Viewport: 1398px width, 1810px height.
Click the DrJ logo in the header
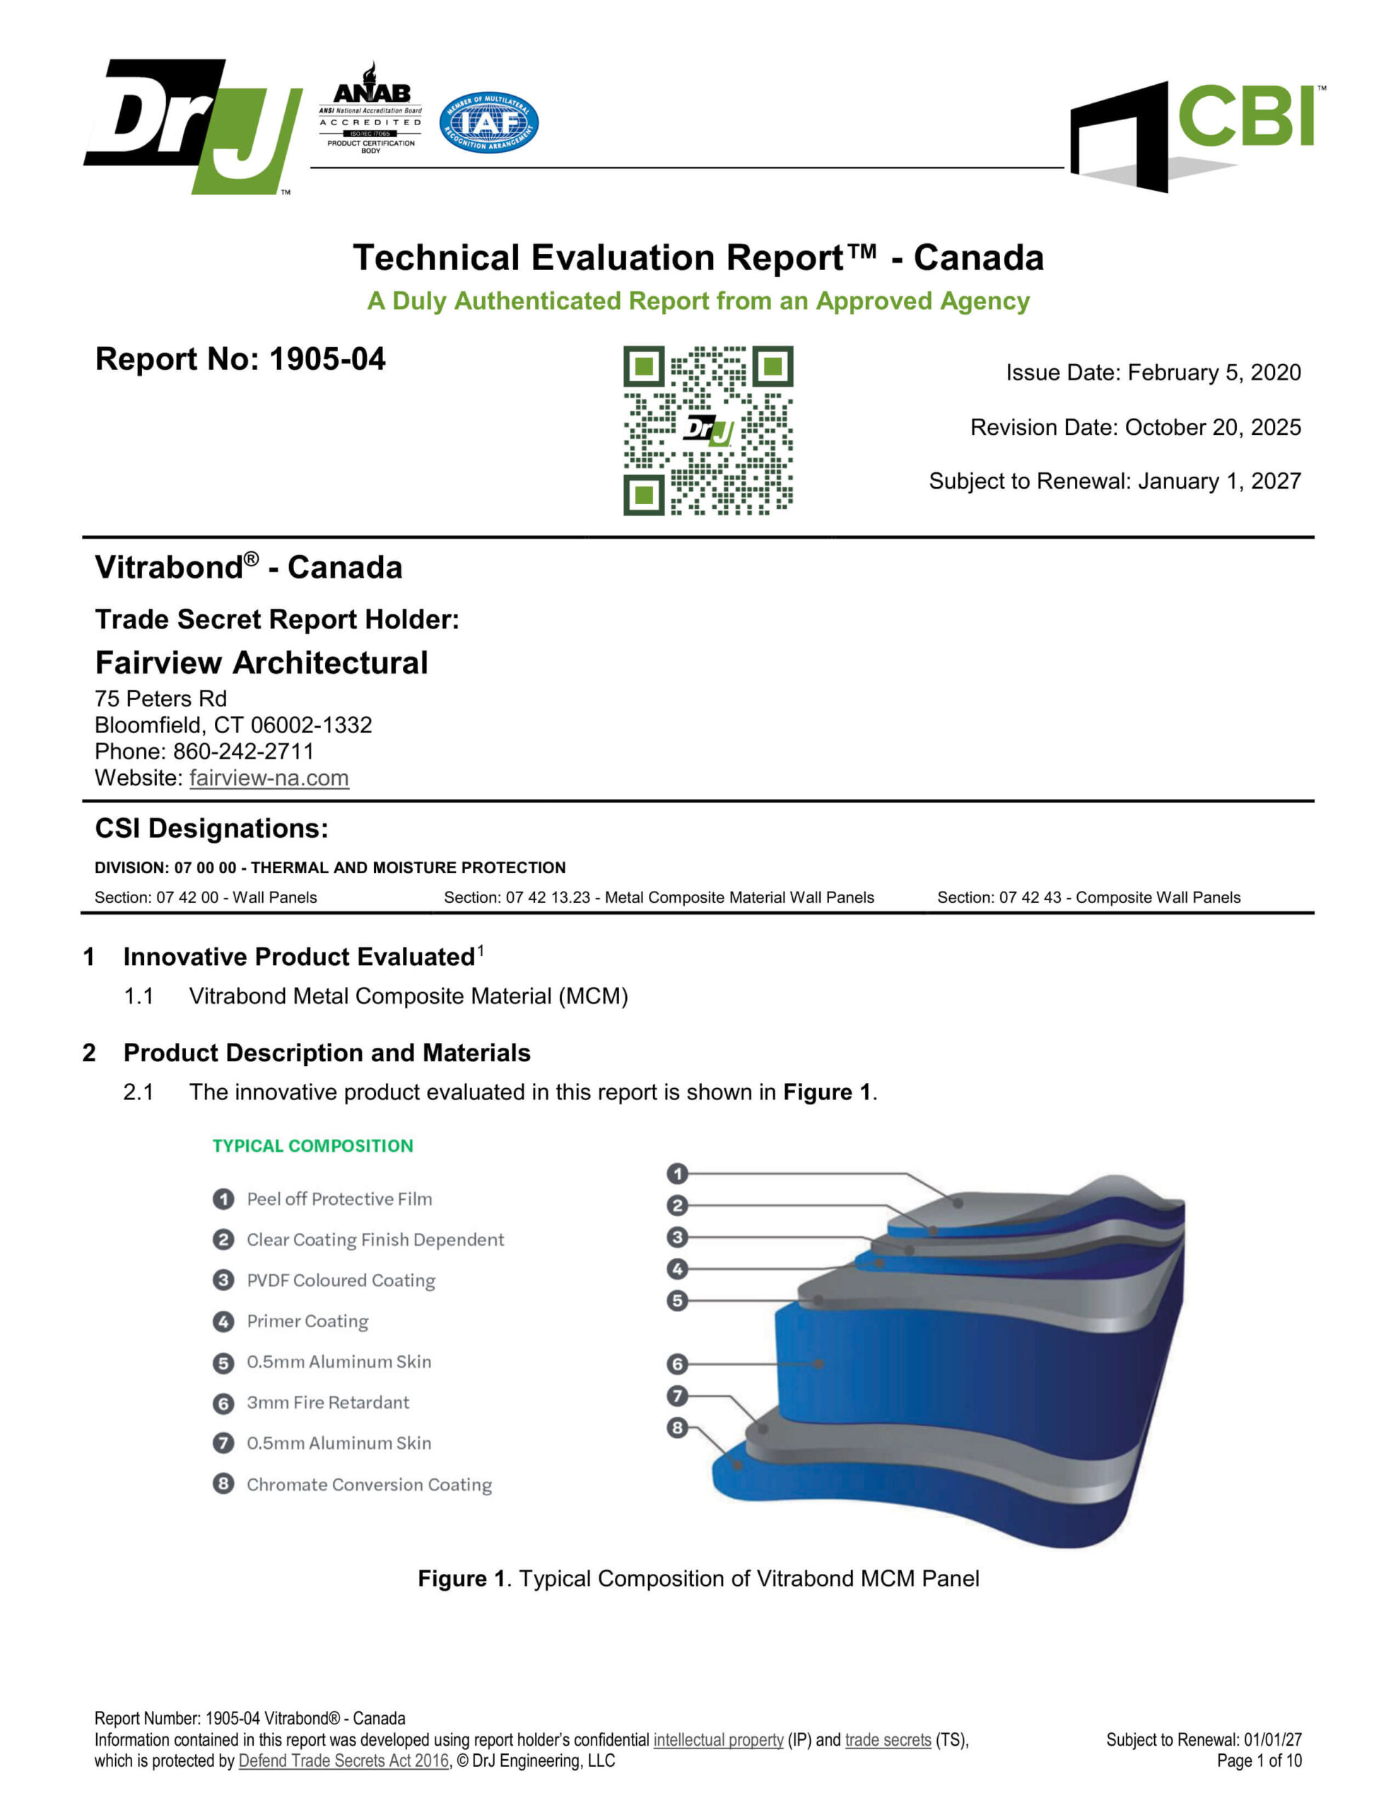pos(192,126)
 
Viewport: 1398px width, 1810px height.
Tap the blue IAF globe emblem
pos(488,122)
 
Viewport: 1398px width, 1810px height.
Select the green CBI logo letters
pos(1245,117)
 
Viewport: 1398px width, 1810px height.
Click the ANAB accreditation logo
pos(370,107)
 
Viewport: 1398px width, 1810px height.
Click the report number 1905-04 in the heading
pos(327,360)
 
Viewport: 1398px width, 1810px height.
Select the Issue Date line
pos(1153,372)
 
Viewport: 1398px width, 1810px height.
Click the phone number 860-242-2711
pos(243,751)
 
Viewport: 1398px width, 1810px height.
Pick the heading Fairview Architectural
pos(261,662)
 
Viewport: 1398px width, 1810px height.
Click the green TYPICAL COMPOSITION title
pos(312,1145)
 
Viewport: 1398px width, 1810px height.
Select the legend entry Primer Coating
pos(307,1321)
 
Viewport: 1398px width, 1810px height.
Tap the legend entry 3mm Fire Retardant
pos(327,1402)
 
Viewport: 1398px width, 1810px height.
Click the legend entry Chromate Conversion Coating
pos(369,1484)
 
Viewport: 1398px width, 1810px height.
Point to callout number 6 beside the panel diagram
pos(677,1363)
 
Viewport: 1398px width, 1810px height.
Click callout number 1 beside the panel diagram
pos(677,1174)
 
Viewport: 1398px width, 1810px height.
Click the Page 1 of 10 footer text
pos(1258,1761)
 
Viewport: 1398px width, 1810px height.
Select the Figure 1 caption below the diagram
pos(698,1579)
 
